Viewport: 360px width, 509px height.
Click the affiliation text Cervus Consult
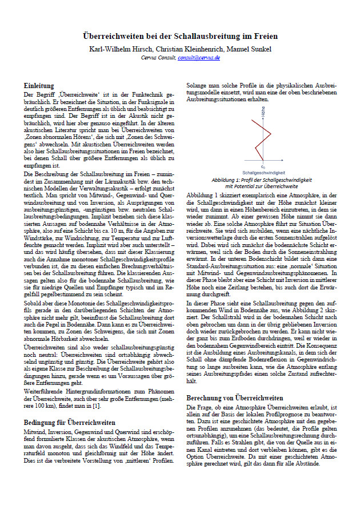click(157, 58)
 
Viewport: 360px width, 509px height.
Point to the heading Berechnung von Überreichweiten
click(234, 397)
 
